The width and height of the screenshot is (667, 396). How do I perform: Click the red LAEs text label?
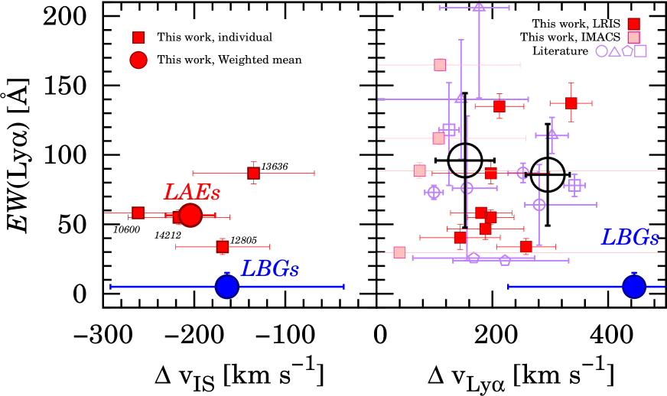(x=191, y=192)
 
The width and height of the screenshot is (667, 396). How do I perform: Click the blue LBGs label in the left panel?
(x=269, y=268)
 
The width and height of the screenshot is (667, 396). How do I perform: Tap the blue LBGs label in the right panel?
(x=630, y=237)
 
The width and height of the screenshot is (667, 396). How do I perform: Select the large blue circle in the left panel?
(x=227, y=287)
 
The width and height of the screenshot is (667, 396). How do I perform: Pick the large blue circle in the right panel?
(x=634, y=287)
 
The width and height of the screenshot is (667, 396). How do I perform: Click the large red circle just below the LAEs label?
(x=190, y=216)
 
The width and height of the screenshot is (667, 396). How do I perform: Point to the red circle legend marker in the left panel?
(x=138, y=60)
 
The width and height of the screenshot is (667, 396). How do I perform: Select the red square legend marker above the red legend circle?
(x=138, y=38)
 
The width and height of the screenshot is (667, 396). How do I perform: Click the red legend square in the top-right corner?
(x=634, y=24)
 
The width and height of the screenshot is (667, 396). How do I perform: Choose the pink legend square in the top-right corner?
(x=634, y=37)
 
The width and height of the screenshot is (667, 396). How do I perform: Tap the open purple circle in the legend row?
(x=602, y=51)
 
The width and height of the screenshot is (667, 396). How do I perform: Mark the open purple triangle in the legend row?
(x=615, y=51)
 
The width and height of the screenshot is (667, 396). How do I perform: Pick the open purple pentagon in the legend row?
(x=628, y=51)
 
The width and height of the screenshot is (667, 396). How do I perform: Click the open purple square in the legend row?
(x=641, y=51)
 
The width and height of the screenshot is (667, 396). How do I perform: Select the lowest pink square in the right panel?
(x=400, y=253)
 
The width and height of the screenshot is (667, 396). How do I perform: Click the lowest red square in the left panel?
(x=223, y=247)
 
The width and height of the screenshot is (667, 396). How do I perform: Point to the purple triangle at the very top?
(x=479, y=8)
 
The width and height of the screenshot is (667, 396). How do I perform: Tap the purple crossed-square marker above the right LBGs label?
(x=574, y=186)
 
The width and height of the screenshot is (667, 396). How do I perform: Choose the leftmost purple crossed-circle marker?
(x=434, y=192)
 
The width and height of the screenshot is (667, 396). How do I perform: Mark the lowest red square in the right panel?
(x=526, y=247)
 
